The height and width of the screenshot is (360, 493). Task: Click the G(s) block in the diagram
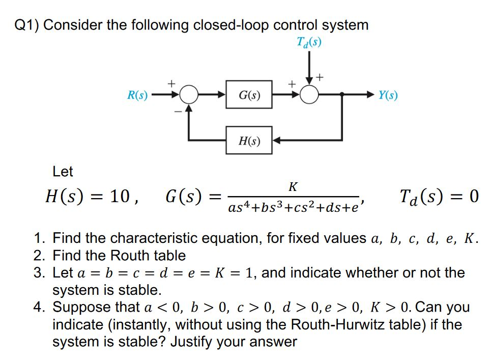[249, 95]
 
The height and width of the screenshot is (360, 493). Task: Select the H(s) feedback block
[249, 140]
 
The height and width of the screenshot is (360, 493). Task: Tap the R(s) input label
[137, 95]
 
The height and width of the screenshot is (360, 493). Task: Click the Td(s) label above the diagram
[309, 41]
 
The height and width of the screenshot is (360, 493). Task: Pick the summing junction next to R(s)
[189, 95]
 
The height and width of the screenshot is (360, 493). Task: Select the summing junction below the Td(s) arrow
[309, 95]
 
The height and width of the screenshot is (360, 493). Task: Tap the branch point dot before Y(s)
[342, 95]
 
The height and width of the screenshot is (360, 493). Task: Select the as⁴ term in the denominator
[237, 208]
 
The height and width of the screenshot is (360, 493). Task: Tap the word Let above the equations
[63, 172]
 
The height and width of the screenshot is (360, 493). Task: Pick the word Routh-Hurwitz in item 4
[334, 324]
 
